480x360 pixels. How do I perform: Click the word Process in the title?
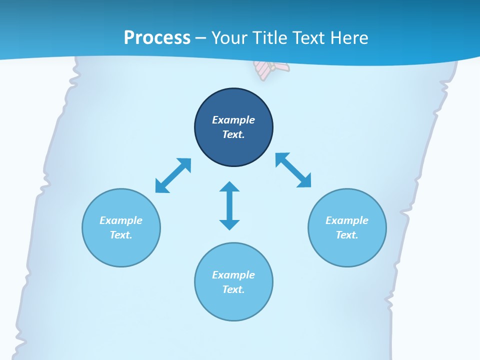point(157,38)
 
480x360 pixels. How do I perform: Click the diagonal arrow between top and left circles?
point(173,175)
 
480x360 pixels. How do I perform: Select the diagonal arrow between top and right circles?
point(293,170)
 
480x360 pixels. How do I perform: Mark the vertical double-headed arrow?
point(229,205)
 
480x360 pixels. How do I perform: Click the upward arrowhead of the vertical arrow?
point(229,187)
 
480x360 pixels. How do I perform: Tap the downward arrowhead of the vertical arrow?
point(229,224)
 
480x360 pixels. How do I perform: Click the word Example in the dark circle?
point(233,120)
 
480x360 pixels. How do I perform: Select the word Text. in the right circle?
point(347,235)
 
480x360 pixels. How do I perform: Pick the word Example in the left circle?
point(121,220)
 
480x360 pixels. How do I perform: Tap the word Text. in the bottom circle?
point(233,289)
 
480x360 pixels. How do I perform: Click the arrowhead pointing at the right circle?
point(304,181)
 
